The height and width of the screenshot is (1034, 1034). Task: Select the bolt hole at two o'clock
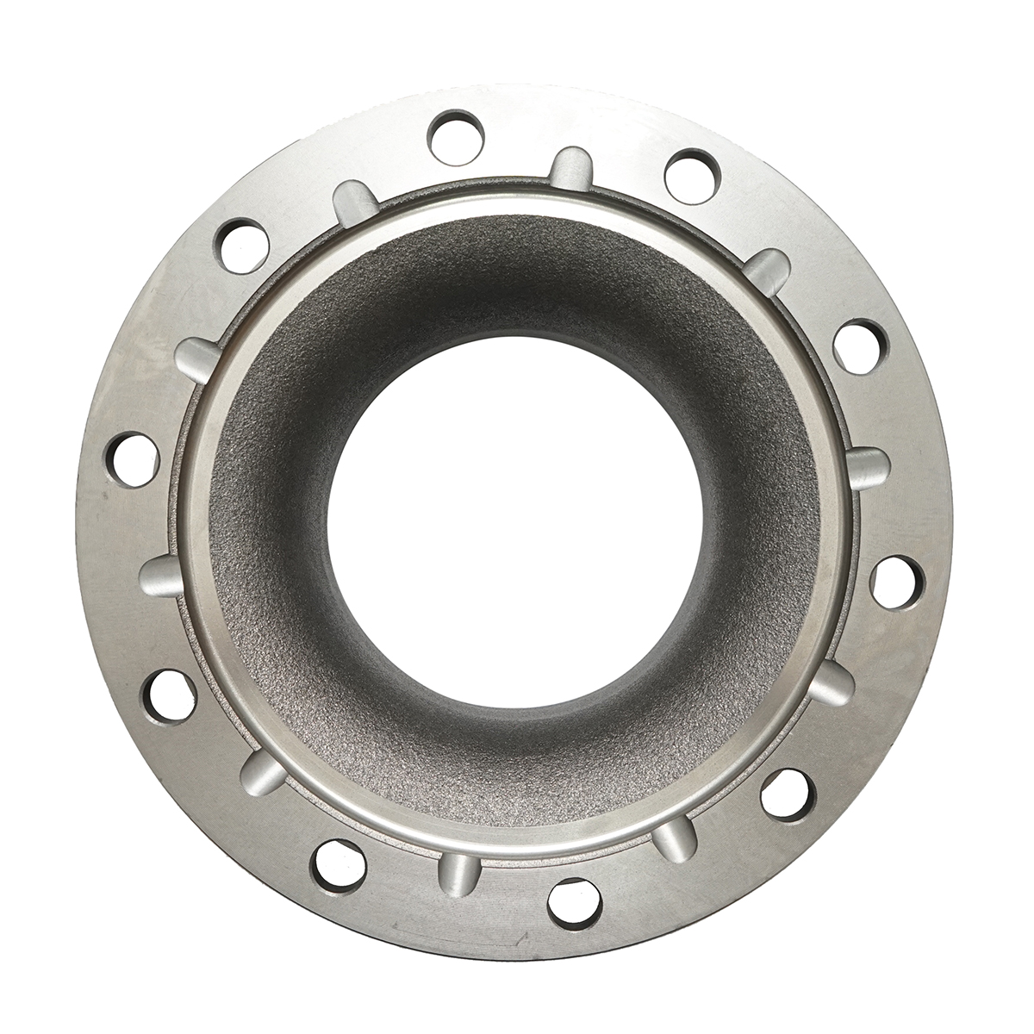click(860, 346)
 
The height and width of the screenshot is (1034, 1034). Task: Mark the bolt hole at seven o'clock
click(339, 864)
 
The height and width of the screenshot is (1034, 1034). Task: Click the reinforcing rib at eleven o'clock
click(353, 202)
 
